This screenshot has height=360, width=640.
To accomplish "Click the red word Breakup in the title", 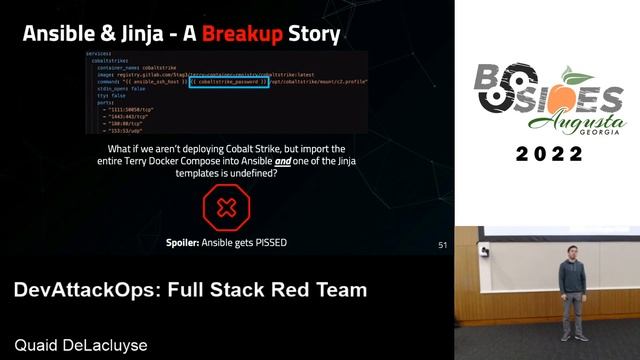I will coord(241,35).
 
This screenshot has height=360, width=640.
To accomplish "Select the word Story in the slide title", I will coord(314,35).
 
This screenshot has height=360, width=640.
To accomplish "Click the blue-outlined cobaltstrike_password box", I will coord(229,81).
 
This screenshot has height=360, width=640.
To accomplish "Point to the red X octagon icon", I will coord(226,208).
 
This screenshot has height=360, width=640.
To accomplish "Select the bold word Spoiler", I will coord(187,241).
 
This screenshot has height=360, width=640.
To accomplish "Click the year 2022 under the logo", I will coord(548,154).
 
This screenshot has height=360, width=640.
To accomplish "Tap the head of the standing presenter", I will coord(572,246).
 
